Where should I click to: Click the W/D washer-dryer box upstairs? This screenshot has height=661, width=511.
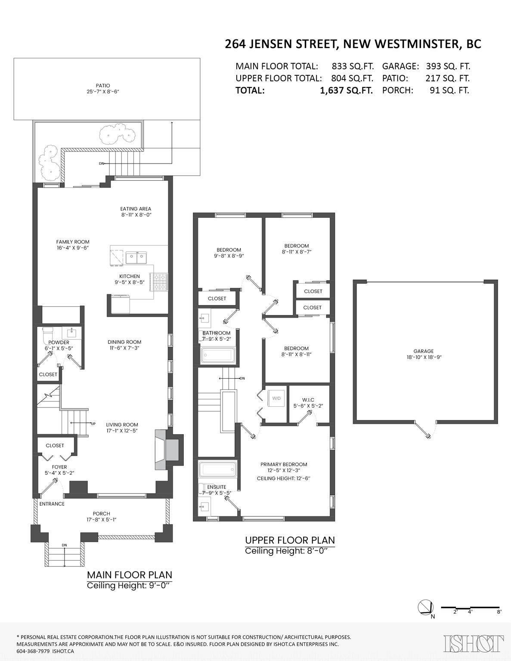tap(276, 398)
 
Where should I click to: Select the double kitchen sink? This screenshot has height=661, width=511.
tap(136, 258)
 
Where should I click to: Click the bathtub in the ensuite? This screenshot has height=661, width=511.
tap(217, 469)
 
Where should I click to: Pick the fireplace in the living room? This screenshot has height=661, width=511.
tap(169, 450)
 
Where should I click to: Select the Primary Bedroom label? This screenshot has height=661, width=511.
tap(284, 464)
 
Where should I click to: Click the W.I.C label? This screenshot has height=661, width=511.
tap(308, 400)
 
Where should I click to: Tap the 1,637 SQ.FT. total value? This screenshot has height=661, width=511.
tap(346, 90)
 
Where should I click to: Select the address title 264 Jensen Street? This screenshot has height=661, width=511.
tap(353, 44)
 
